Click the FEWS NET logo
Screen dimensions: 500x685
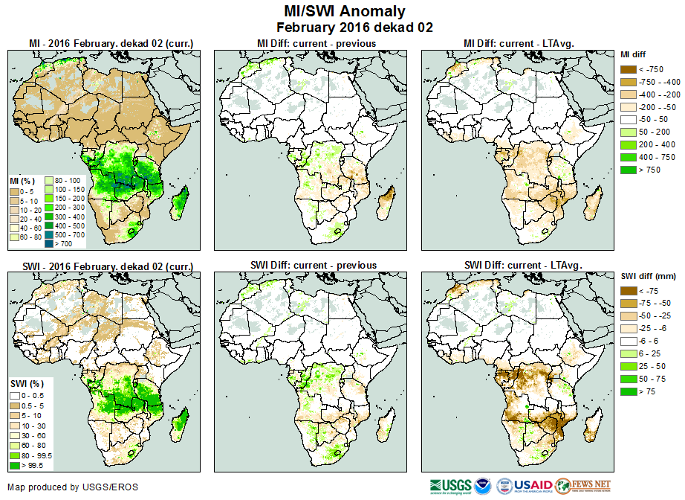coord(583,486)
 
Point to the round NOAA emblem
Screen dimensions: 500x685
coord(483,486)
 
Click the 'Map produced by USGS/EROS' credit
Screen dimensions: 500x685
coord(73,487)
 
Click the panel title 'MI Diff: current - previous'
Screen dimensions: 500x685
coord(316,43)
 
